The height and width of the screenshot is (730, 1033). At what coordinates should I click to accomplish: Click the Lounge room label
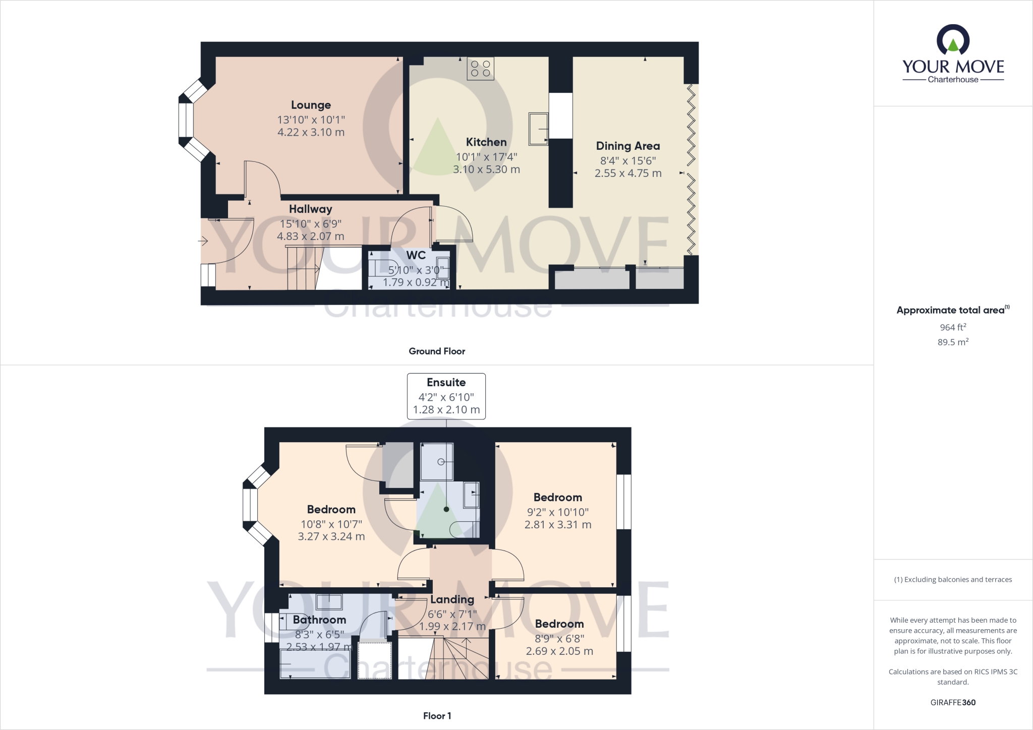(311, 105)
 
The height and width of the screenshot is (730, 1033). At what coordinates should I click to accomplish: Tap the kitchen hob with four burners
(480, 69)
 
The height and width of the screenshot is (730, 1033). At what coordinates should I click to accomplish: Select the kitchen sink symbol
(538, 129)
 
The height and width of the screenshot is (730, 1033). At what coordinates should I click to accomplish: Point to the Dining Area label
(627, 146)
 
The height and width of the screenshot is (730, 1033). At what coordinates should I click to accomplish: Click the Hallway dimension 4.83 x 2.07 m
(310, 236)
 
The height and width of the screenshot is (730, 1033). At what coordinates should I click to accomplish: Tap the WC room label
(416, 255)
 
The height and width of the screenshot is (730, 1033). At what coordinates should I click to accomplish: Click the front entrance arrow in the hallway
(203, 241)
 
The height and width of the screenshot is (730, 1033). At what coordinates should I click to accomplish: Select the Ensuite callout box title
(446, 382)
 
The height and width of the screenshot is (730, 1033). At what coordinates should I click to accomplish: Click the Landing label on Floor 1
(452, 599)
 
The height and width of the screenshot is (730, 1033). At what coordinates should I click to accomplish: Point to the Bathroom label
(319, 620)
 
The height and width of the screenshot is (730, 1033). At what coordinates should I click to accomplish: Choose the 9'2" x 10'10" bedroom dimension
(557, 512)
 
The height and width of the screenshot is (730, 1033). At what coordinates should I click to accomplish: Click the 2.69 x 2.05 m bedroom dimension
(559, 651)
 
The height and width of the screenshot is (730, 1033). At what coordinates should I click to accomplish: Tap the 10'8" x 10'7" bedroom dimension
(331, 524)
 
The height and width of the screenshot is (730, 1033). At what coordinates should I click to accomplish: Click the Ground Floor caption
(437, 351)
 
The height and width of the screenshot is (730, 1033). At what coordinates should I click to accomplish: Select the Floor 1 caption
(437, 716)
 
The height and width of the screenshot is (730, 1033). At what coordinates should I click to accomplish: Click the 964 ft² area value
(953, 327)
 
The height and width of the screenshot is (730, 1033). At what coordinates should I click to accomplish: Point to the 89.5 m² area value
(953, 342)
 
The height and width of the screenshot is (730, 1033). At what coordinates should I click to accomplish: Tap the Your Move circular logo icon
(953, 40)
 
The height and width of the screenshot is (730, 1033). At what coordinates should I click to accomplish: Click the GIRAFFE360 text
(953, 702)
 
